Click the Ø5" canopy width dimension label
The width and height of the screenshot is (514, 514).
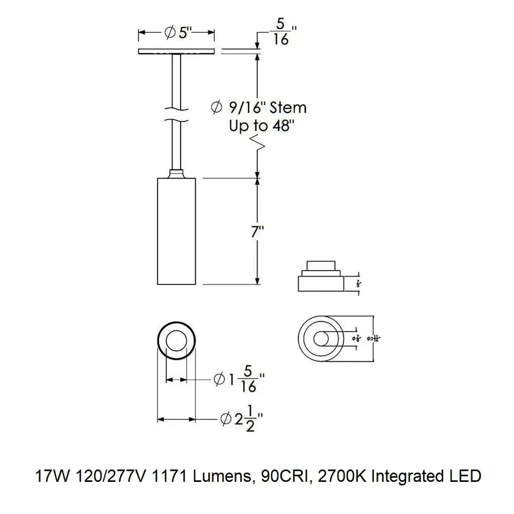(x=177, y=33)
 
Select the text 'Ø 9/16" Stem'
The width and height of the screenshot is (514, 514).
(x=259, y=107)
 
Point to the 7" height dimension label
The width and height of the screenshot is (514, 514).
(x=258, y=232)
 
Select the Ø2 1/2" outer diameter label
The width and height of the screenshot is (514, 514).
(x=241, y=418)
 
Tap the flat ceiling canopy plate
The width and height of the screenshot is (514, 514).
(x=176, y=51)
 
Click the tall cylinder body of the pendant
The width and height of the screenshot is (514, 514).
(x=176, y=231)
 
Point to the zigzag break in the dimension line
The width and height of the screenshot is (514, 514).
(x=258, y=144)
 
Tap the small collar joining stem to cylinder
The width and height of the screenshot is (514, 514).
(x=176, y=174)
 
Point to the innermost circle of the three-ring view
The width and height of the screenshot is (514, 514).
(x=322, y=338)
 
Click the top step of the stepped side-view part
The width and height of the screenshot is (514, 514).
(x=321, y=266)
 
